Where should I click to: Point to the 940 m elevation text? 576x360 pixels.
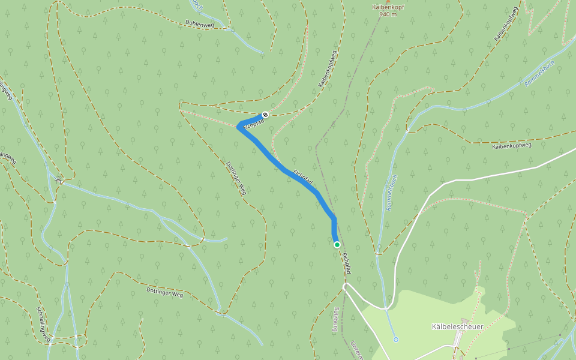pyautogui.click(x=384, y=15)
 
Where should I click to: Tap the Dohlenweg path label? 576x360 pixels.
pyautogui.click(x=200, y=24)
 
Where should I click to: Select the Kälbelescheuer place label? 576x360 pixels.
pyautogui.click(x=457, y=326)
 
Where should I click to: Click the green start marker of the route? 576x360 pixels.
pyautogui.click(x=337, y=244)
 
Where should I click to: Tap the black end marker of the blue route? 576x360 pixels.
pyautogui.click(x=265, y=114)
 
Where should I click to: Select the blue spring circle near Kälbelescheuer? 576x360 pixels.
pyautogui.click(x=395, y=340)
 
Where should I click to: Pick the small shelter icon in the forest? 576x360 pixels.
pyautogui.click(x=58, y=180)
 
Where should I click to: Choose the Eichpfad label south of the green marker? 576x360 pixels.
pyautogui.click(x=346, y=264)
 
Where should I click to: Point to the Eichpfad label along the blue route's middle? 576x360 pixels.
pyautogui.click(x=303, y=176)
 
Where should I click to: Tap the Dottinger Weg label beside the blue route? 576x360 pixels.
pyautogui.click(x=236, y=178)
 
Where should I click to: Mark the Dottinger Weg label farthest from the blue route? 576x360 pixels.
pyautogui.click(x=164, y=292)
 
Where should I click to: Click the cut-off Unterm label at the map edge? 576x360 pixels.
pyautogui.click(x=356, y=350)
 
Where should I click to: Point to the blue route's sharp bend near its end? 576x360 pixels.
pyautogui.click(x=240, y=127)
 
